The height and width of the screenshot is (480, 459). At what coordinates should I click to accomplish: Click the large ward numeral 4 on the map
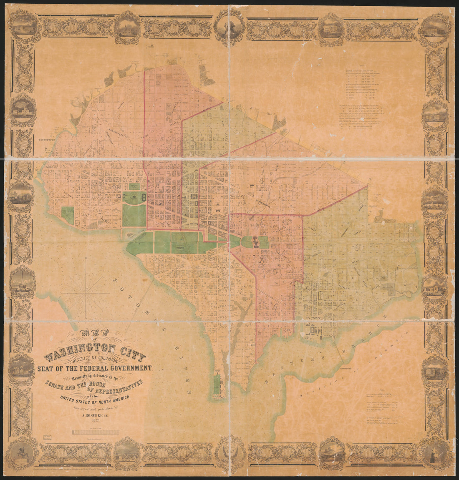point(262,181)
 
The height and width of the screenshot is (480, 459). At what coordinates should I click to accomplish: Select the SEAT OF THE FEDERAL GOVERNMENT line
point(95,368)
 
